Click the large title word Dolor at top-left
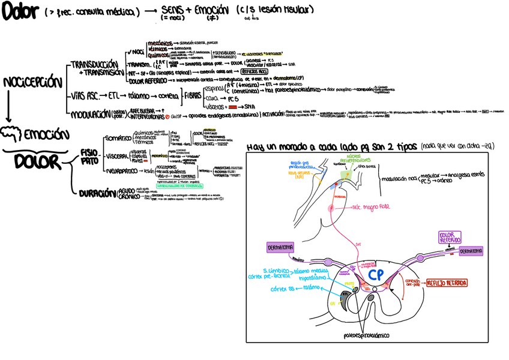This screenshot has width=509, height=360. pyautogui.click(x=20, y=12)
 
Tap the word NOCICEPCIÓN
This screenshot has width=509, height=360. pyautogui.click(x=32, y=82)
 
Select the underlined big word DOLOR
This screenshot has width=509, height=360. pyautogui.click(x=37, y=161)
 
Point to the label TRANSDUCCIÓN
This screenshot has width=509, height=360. pyautogui.click(x=94, y=64)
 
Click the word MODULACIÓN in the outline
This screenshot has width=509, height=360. pyautogui.click(x=90, y=113)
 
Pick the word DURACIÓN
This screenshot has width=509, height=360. pyautogui.click(x=95, y=193)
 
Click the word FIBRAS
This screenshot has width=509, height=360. pyautogui.click(x=193, y=95)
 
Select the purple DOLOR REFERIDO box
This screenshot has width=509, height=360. pyautogui.click(x=450, y=237)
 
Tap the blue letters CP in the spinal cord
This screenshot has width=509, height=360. pyautogui.click(x=376, y=275)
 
